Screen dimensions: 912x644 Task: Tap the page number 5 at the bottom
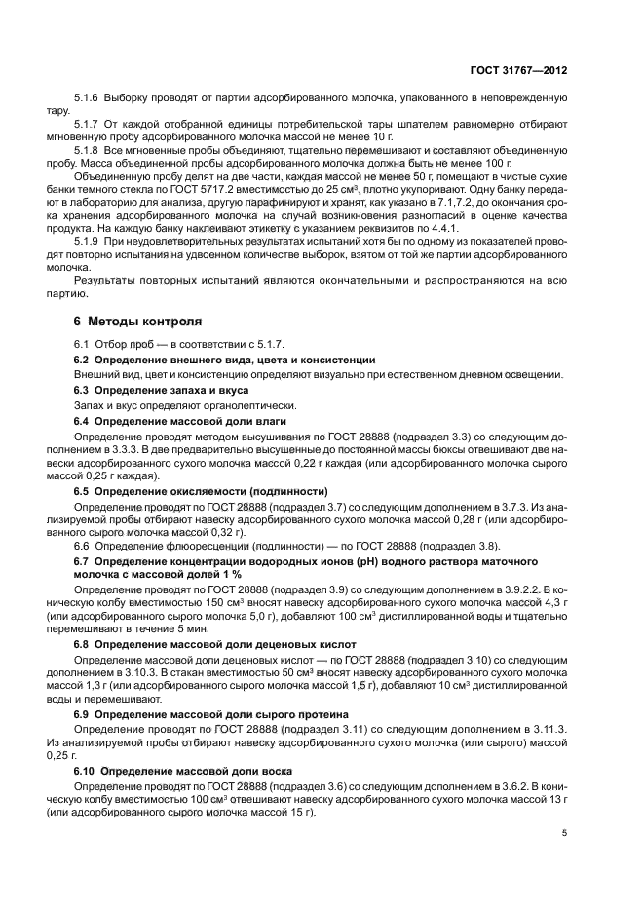coord(564,832)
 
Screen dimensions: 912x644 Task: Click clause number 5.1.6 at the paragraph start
coord(88,99)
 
